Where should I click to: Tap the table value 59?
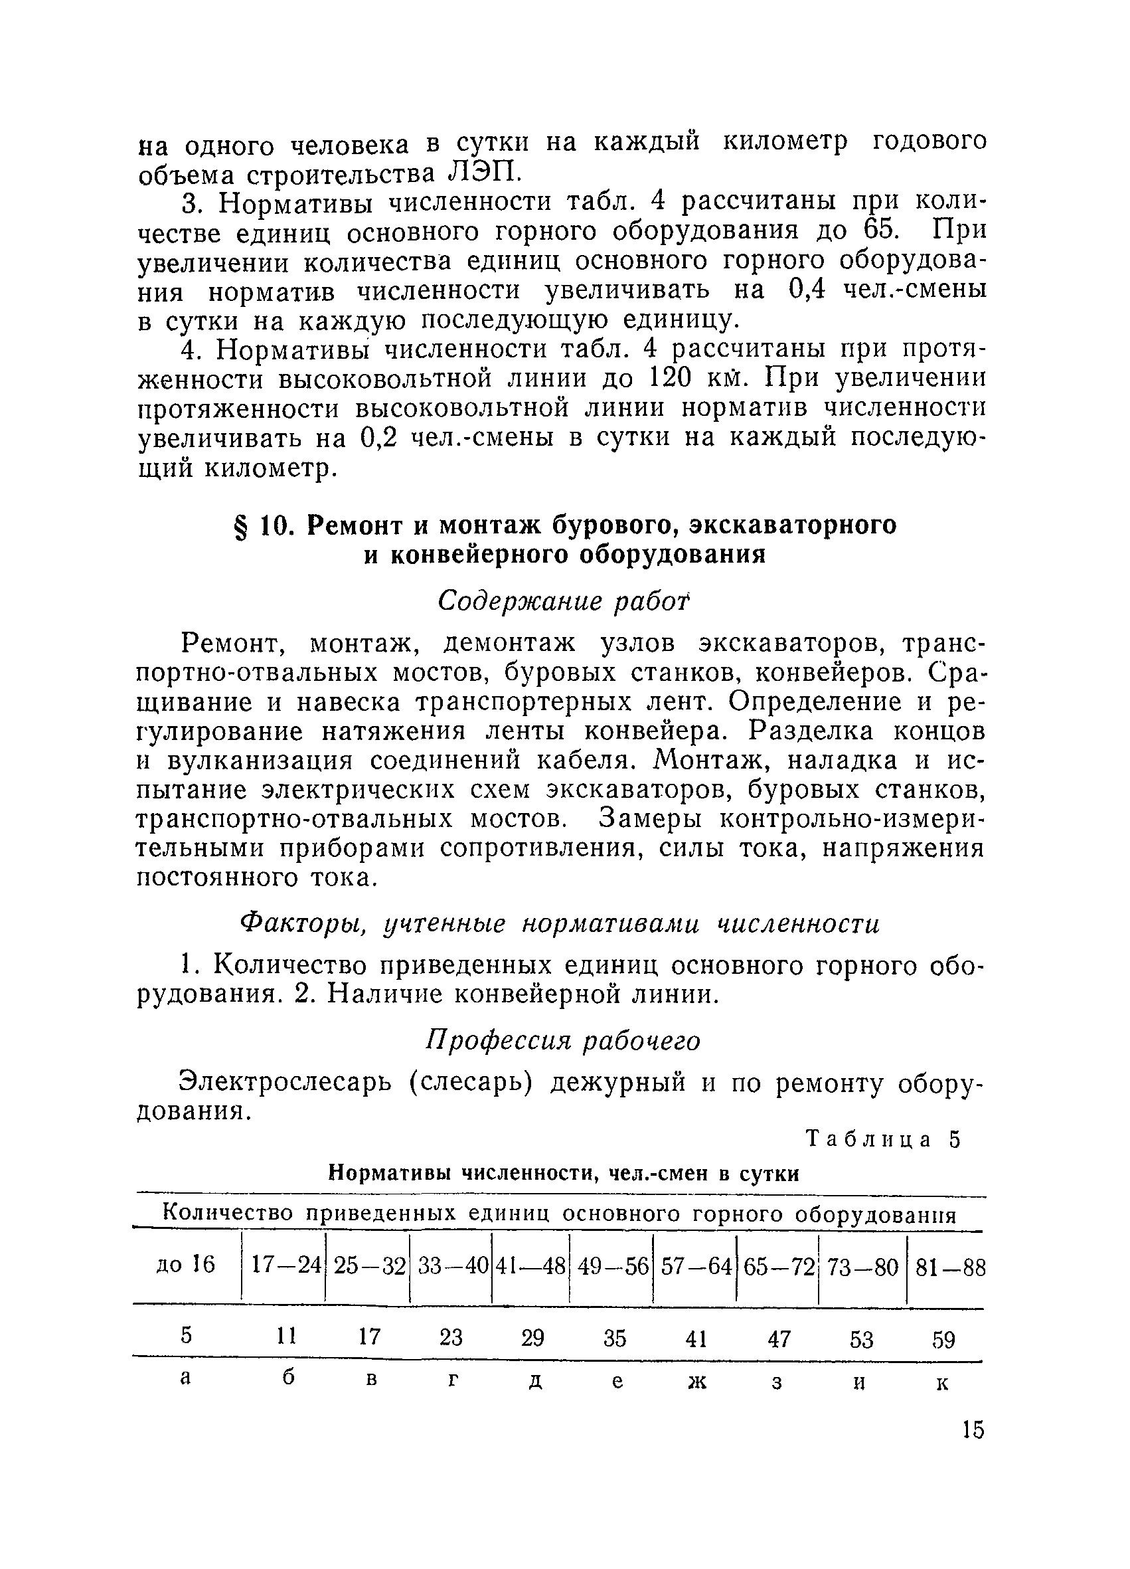tap(943, 1340)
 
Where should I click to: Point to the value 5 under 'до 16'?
tap(185, 1336)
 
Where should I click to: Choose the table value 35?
tap(614, 1339)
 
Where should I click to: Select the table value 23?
tap(451, 1338)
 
